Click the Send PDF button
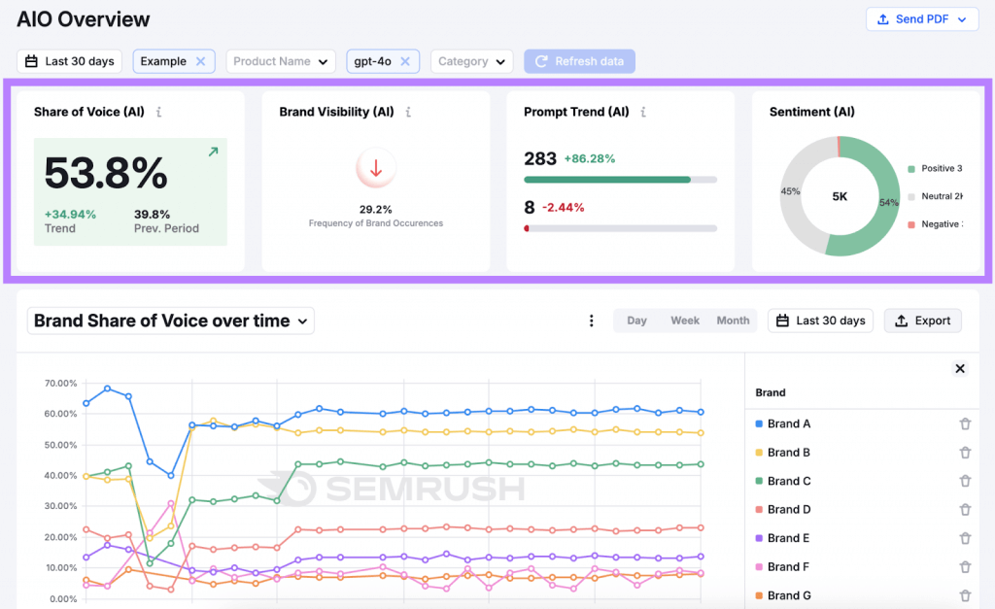921,19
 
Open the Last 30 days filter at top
70,61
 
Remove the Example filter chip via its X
200,61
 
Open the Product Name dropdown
281,61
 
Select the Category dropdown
471,61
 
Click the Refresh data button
579,61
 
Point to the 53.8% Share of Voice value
106,174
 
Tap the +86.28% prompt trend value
590,158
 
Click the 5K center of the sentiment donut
840,196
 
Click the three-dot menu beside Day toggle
592,321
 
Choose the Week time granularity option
685,321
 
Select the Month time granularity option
733,321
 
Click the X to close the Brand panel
960,368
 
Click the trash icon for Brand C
965,481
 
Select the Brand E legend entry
788,538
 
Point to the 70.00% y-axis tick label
61,384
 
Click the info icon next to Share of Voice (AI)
159,113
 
